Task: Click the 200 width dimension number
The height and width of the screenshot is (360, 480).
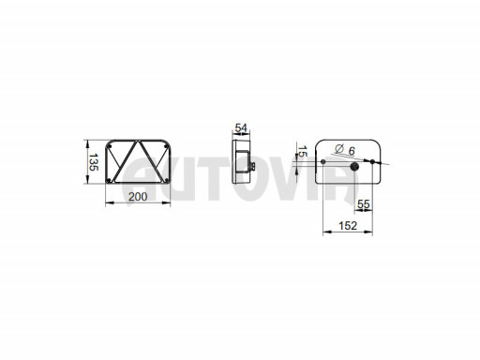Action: click(x=138, y=197)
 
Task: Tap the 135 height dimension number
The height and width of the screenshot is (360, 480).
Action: click(x=94, y=162)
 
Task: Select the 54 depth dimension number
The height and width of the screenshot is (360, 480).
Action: click(x=241, y=127)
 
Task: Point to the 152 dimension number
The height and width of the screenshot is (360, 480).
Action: click(x=348, y=226)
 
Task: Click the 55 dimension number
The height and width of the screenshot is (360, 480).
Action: click(x=364, y=204)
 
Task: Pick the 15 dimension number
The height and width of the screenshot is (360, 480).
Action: click(x=303, y=151)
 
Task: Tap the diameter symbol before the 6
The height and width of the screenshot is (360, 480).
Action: click(x=339, y=148)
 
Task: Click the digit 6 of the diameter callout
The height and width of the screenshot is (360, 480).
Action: click(x=352, y=151)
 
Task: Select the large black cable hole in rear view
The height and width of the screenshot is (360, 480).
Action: click(x=354, y=167)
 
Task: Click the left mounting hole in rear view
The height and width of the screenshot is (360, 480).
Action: click(x=323, y=161)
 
